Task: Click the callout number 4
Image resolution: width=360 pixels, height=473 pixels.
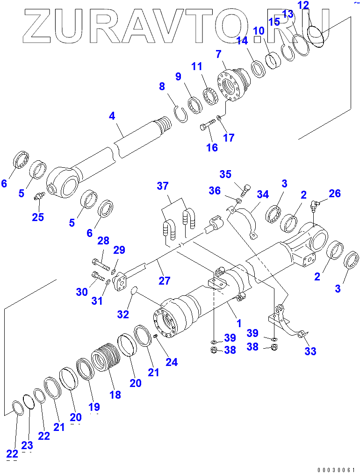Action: pyautogui.click(x=112, y=115)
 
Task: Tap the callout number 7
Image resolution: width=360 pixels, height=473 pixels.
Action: pyautogui.click(x=218, y=54)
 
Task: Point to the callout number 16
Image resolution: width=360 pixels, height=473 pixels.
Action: pyautogui.click(x=212, y=148)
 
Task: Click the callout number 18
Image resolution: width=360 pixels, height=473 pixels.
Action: pyautogui.click(x=115, y=394)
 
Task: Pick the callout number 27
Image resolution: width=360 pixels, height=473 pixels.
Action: pyautogui.click(x=164, y=280)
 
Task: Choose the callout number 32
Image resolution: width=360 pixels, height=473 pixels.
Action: pyautogui.click(x=123, y=315)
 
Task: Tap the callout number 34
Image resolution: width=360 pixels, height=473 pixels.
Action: pyautogui.click(x=263, y=193)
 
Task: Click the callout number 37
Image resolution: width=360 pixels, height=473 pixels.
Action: pyautogui.click(x=163, y=186)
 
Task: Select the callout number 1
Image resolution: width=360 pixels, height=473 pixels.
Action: pyautogui.click(x=238, y=322)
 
